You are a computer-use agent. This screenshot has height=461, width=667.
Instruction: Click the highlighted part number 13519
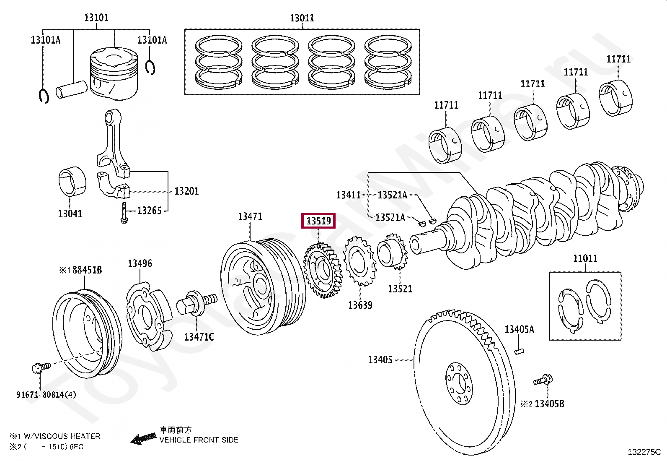(318, 221)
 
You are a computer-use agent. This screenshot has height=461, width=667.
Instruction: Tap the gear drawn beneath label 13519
(323, 270)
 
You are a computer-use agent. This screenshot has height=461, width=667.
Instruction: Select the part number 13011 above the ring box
(302, 18)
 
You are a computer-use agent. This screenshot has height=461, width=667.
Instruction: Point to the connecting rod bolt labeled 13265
(124, 213)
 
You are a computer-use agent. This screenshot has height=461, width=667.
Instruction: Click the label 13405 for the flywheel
(380, 359)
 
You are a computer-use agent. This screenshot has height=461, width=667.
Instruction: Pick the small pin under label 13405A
(519, 352)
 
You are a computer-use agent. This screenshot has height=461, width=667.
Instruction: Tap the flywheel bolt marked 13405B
(543, 380)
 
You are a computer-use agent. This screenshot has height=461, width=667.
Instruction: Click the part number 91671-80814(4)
(46, 394)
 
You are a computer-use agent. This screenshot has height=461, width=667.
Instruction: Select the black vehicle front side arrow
(144, 438)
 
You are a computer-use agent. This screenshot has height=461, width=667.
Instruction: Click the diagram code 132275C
(644, 452)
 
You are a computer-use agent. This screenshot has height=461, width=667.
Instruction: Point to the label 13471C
(199, 337)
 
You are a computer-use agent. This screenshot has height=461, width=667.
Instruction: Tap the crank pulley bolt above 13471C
(197, 303)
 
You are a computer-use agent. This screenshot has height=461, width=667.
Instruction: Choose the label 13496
(140, 263)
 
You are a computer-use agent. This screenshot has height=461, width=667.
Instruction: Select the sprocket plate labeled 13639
(360, 261)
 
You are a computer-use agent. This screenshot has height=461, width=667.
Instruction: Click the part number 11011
(585, 258)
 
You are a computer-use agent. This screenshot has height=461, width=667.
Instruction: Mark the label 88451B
(87, 270)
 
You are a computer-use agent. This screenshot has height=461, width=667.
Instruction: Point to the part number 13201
(186, 191)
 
